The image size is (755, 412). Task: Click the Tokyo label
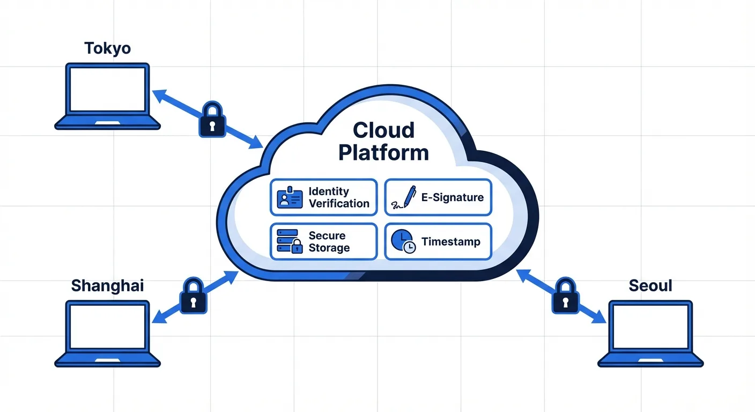pyautogui.click(x=108, y=48)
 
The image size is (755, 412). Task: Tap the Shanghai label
pyautogui.click(x=108, y=285)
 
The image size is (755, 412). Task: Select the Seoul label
pyautogui.click(x=650, y=285)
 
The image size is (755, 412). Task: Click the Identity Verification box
pyautogui.click(x=323, y=197)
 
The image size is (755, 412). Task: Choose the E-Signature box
pyautogui.click(x=438, y=197)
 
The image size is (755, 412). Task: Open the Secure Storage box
pyautogui.click(x=323, y=241)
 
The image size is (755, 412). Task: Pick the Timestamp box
pyautogui.click(x=438, y=241)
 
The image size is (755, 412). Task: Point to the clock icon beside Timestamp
pyautogui.click(x=403, y=241)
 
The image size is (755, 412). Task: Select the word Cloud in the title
pyautogui.click(x=383, y=130)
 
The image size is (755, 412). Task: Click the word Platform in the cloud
pyautogui.click(x=383, y=152)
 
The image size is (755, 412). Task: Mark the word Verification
pyautogui.click(x=339, y=203)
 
